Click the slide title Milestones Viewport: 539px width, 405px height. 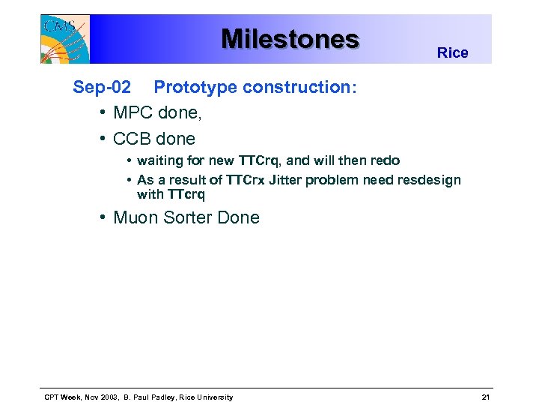(x=290, y=38)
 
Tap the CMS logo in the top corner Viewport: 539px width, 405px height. (x=64, y=38)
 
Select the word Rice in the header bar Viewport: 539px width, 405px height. (x=452, y=52)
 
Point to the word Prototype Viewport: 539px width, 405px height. (x=192, y=87)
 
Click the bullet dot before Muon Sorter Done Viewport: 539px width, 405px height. (x=102, y=218)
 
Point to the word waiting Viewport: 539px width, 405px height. (x=162, y=160)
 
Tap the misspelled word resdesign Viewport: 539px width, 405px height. (x=429, y=180)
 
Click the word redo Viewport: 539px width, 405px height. (x=385, y=160)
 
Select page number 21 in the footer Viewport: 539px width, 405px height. (x=486, y=397)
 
